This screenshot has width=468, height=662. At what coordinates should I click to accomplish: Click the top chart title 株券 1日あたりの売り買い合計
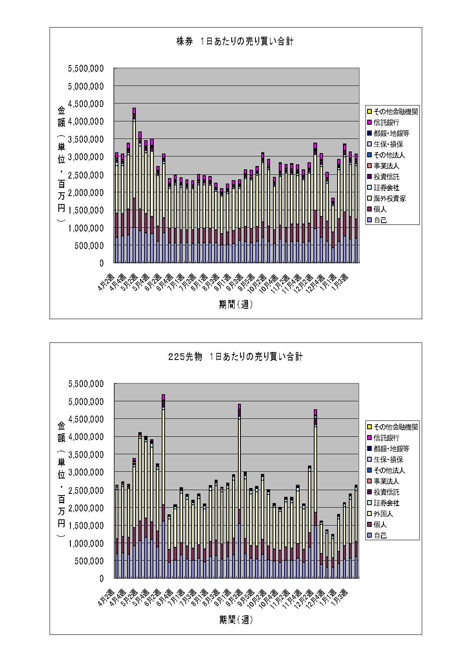pos(235,41)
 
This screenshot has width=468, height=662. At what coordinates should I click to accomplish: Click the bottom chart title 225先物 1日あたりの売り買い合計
pos(235,357)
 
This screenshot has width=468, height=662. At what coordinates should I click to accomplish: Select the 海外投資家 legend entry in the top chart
pos(390,199)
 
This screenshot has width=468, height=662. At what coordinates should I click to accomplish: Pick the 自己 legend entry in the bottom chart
pos(380,536)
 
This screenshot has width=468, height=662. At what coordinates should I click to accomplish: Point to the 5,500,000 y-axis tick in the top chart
pos(86,68)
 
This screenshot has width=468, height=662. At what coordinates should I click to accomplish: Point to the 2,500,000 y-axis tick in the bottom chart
pos(86,490)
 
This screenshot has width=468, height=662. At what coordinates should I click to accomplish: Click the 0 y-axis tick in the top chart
pos(101,263)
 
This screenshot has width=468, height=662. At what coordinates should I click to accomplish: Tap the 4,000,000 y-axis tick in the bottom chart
pos(86,437)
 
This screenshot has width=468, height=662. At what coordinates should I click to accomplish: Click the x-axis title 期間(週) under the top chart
pos(236,305)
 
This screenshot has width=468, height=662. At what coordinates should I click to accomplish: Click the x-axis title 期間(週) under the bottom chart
pos(236,620)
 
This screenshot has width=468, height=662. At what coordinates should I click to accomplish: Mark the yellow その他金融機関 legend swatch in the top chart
pos(369,112)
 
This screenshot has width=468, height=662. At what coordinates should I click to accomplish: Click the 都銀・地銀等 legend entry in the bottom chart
pos(391,449)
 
